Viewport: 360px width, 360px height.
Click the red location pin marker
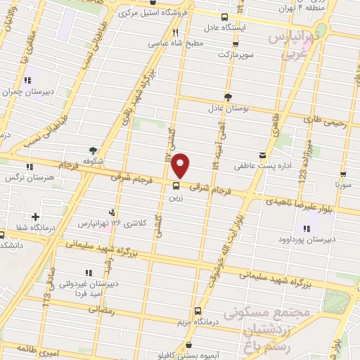tap(181, 165)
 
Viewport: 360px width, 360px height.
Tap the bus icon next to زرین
tap(176, 186)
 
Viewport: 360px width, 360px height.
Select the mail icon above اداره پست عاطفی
tap(262, 155)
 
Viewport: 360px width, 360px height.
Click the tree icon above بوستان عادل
tap(227, 98)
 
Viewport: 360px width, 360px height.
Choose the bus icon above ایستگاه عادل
tap(224, 18)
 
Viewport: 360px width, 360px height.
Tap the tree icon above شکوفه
tap(93, 149)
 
